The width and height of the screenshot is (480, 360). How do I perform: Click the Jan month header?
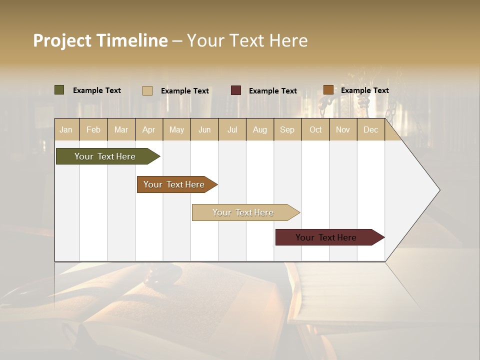pos(66,129)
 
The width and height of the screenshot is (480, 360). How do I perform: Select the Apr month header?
pos(149,129)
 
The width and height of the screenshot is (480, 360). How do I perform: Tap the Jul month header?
pos(232,129)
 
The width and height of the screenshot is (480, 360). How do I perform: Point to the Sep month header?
pos(287,129)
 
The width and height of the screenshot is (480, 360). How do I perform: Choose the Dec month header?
pos(370,129)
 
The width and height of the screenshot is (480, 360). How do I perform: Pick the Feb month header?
pos(93,129)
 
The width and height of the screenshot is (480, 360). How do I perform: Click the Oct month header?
pos(315,129)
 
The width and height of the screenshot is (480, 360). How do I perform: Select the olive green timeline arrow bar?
pos(105,156)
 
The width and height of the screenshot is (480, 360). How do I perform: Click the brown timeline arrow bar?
pos(174,184)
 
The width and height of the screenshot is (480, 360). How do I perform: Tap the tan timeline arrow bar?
pos(243,212)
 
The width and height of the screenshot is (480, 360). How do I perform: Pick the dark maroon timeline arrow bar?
pos(326,237)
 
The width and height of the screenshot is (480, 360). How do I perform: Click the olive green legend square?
pos(59,90)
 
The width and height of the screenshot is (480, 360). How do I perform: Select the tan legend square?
pos(147,90)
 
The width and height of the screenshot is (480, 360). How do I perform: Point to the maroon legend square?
pos(236,90)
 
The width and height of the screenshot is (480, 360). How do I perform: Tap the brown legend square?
pos(328,90)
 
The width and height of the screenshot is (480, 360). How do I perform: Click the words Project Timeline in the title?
pos(100,40)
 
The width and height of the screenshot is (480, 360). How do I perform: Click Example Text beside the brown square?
pos(364,90)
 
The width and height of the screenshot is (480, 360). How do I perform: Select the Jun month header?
pos(204,129)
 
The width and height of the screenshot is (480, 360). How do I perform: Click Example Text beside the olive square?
pos(96,90)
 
